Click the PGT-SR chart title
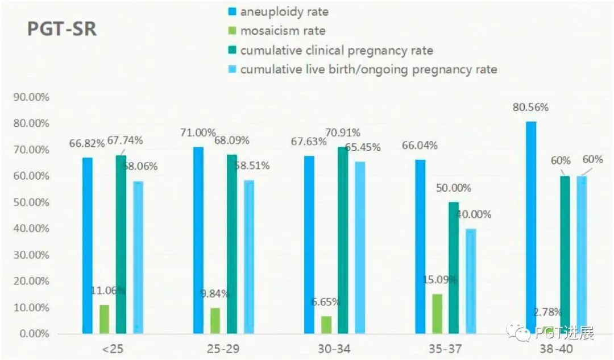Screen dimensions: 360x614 click(x=62, y=29)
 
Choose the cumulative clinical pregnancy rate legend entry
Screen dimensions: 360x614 click(x=336, y=50)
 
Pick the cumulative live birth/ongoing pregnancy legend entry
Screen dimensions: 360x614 click(x=368, y=69)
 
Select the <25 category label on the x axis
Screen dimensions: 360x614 click(x=113, y=347)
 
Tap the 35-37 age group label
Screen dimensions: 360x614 click(x=445, y=347)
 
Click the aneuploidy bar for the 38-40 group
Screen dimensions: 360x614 click(x=531, y=227)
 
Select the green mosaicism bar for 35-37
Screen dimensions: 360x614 click(x=437, y=313)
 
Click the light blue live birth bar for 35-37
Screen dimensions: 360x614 click(x=470, y=281)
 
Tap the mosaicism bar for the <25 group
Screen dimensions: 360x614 click(x=104, y=319)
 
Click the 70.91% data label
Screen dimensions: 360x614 click(x=343, y=133)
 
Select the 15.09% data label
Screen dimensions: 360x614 click(x=437, y=280)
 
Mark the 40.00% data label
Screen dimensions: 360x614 click(x=473, y=214)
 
